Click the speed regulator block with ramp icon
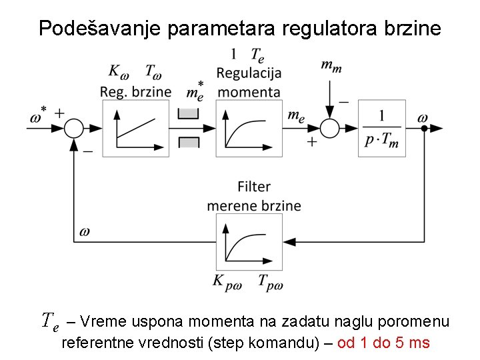[x=137, y=128]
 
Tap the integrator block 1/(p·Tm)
[x=381, y=128]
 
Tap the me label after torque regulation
[x=296, y=115]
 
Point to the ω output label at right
[x=423, y=117]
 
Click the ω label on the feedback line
[x=85, y=231]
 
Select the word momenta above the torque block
[x=249, y=92]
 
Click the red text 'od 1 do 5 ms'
[x=383, y=343]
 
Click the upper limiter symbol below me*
[x=189, y=113]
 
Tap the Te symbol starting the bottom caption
[x=51, y=322]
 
